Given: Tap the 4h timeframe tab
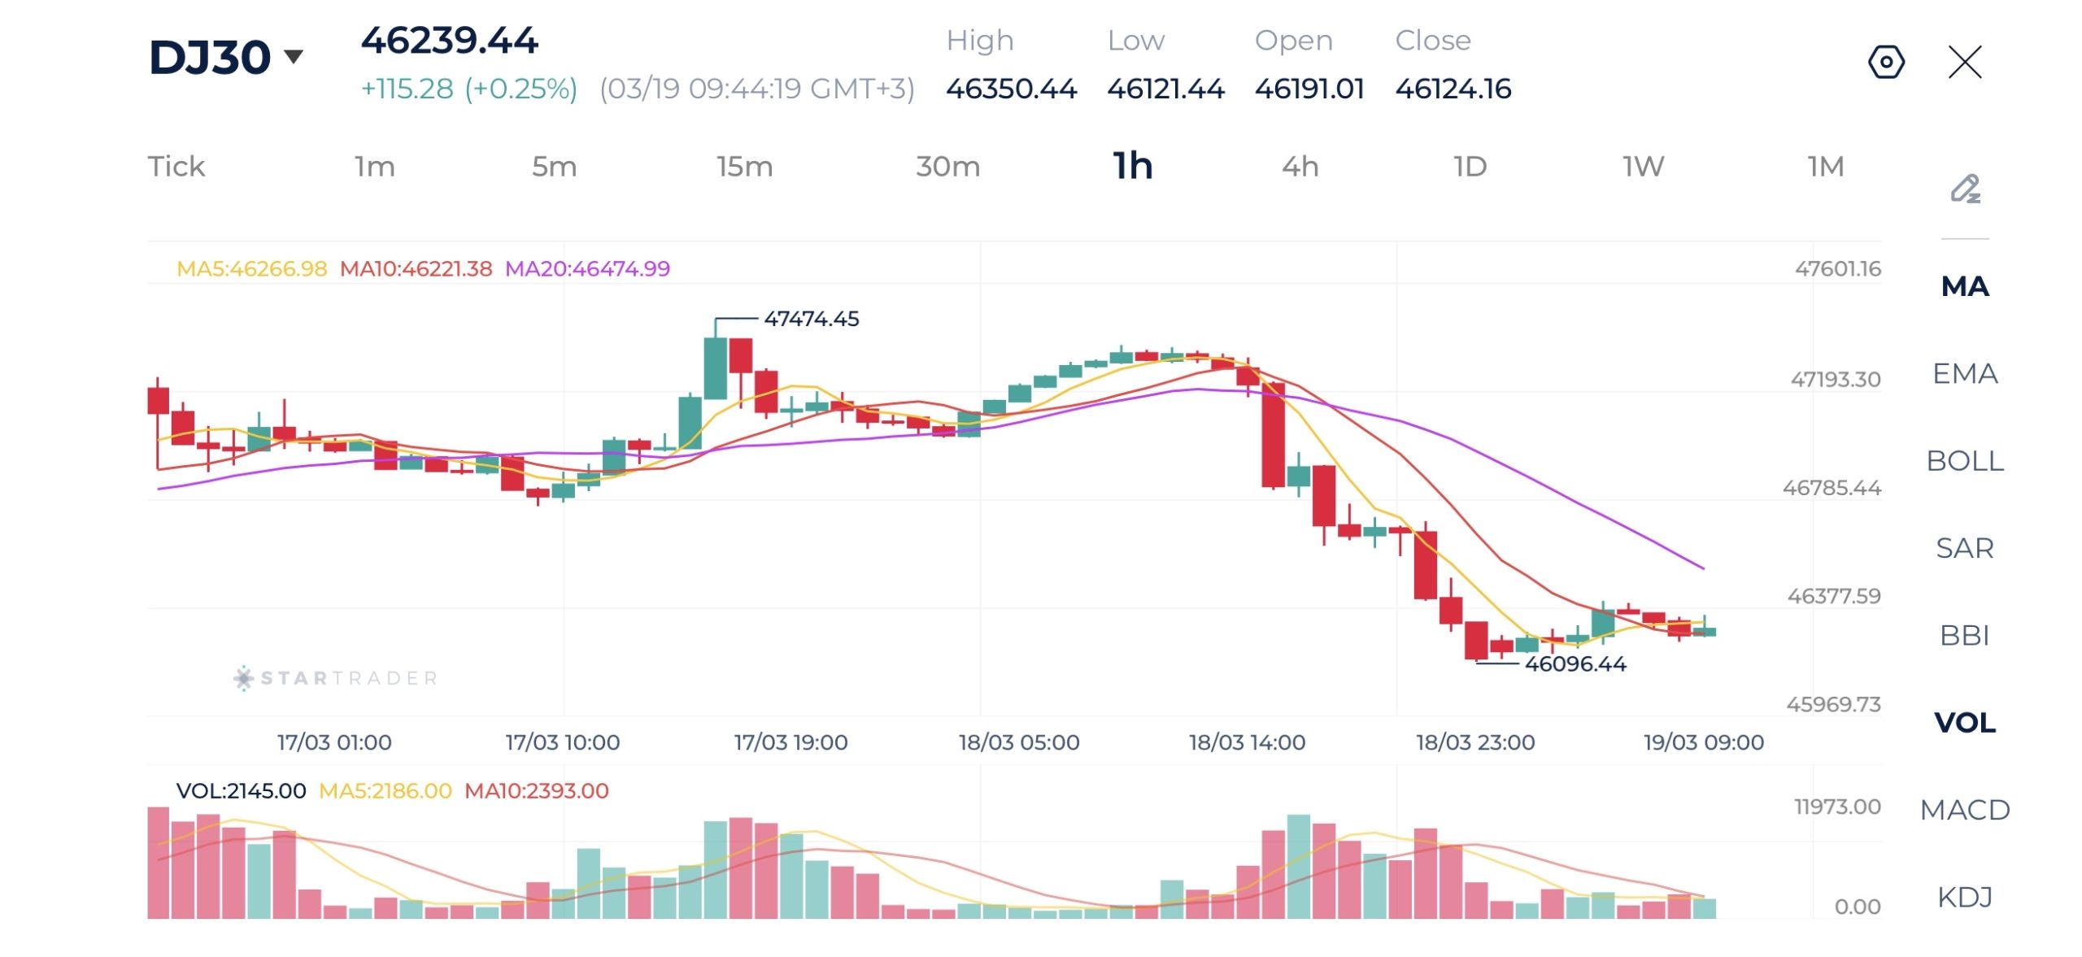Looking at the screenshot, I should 1300,167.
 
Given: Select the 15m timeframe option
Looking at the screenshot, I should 744,167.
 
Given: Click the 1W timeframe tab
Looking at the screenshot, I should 1643,167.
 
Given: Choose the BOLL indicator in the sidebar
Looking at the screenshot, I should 1964,461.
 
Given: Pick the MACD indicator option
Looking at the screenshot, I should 1964,810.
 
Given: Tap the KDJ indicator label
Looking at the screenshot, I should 1964,897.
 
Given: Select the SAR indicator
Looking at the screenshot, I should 1964,548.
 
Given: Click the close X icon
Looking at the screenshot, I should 1965,62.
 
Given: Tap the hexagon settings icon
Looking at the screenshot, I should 1886,62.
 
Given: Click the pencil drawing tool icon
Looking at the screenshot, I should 1965,189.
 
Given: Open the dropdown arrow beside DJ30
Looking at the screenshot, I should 294,56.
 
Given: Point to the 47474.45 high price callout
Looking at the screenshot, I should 811,319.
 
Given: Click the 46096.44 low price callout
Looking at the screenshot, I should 1575,664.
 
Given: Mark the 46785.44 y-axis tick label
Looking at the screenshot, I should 1832,488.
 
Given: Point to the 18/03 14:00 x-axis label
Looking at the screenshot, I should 1247,742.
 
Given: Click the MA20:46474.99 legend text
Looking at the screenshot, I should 587,268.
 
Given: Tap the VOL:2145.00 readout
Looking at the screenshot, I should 241,790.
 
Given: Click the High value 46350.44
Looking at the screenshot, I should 1011,89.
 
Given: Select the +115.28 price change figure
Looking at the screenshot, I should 407,89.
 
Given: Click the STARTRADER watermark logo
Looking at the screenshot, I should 336,678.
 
